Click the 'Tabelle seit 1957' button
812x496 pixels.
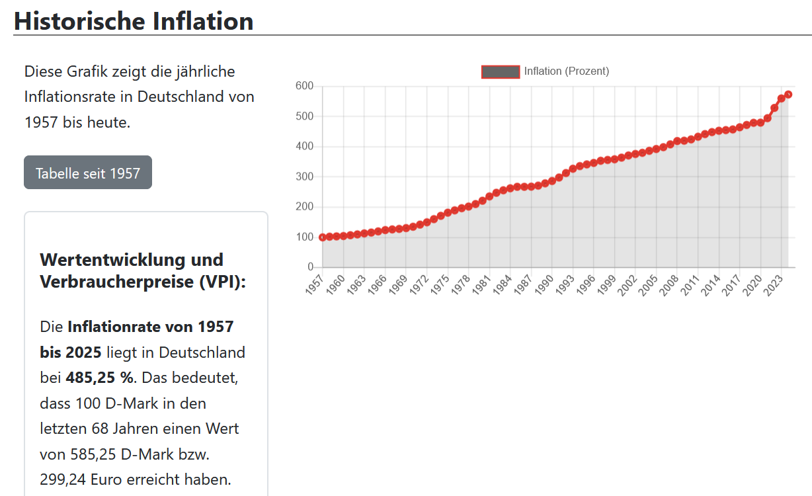88,173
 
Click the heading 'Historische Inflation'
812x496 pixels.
134,21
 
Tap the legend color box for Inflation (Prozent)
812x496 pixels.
501,71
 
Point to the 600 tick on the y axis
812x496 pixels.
304,86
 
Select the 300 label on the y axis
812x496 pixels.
304,177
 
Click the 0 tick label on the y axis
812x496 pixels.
309,267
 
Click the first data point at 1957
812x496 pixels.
323,237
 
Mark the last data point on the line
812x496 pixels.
788,95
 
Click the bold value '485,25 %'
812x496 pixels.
99,378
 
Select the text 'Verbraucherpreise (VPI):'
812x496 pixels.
143,282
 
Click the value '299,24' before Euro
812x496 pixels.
63,479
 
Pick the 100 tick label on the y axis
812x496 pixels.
304,237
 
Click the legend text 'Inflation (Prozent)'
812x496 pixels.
567,71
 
